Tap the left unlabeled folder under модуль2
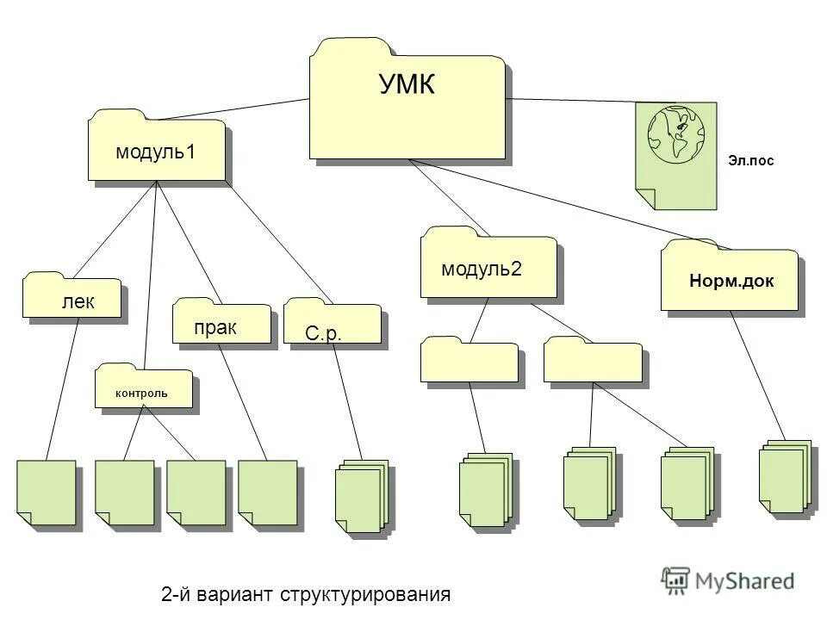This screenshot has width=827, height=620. point(469,361)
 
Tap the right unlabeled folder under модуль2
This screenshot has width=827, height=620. point(593,361)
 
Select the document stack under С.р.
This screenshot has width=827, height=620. point(361,497)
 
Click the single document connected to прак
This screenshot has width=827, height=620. point(267,492)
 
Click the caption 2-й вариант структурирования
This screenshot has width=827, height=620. point(306,594)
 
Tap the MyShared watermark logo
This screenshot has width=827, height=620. point(728,580)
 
